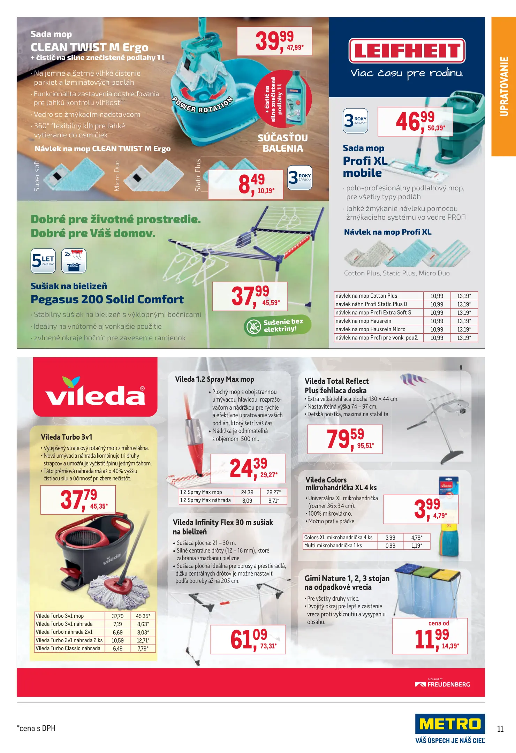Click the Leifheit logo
coord(407,51)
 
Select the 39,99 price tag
coord(274,41)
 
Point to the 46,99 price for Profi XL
coord(415,121)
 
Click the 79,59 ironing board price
coord(345,439)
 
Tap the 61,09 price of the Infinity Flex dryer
coord(248,639)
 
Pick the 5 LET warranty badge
coord(43,260)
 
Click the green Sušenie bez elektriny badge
coord(278,326)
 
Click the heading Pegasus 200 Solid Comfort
coord(107,299)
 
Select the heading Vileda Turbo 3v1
coord(67,437)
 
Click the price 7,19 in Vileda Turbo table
coord(117,624)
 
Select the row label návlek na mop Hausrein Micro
coord(370,329)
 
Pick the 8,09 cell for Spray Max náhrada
coord(247,501)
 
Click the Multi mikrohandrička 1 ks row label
coord(333,546)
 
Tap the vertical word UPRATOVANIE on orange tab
coord(504,86)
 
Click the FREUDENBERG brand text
coord(449,684)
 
